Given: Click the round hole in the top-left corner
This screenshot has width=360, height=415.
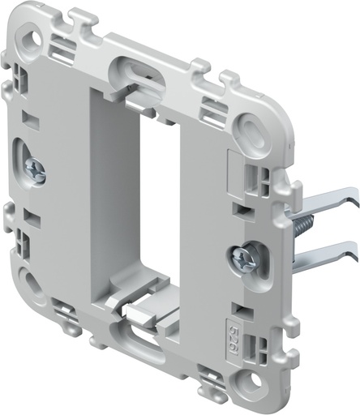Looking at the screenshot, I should tap(34, 37).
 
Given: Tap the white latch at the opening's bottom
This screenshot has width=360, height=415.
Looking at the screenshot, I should tap(136, 311).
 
